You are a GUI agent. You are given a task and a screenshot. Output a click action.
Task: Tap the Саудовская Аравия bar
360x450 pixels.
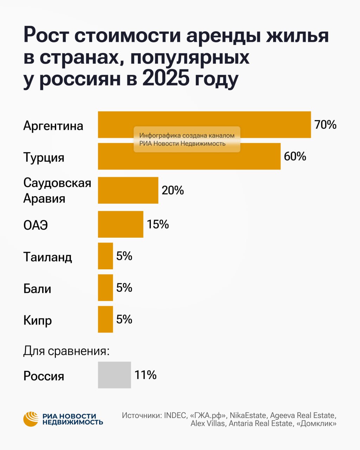coord(128,190)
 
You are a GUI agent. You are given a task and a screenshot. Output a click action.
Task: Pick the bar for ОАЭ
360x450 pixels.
coord(121,224)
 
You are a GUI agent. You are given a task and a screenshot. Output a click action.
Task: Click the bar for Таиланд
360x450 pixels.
coord(105,256)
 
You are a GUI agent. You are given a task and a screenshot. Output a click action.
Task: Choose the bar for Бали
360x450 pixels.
coord(105,288)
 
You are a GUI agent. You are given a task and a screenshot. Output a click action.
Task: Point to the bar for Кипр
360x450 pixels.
coord(105,319)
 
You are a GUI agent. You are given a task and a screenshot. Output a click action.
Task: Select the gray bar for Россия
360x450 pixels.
coord(114,375)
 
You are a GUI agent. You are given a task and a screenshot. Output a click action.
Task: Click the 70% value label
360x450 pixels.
coord(325,125)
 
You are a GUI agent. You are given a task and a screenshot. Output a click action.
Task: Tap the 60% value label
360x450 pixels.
coord(295,156)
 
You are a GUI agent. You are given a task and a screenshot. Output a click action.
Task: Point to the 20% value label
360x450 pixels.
coord(173,190)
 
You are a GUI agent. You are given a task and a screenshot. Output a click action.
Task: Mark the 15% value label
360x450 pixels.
coord(158,224)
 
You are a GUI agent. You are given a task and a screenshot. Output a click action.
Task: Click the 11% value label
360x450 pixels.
coord(146,375)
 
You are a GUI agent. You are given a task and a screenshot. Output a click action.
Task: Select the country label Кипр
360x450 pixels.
coord(38,321)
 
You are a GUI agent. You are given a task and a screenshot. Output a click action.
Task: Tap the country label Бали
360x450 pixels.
coord(37,289)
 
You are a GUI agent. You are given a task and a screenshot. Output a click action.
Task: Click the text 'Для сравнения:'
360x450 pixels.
coord(66,351)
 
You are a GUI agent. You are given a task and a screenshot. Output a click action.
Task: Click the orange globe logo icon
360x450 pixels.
coord(31,419)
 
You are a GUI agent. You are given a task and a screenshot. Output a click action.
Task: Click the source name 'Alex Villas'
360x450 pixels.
coord(207,424)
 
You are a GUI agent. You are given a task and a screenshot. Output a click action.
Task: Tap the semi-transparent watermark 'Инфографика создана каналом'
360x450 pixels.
coord(187,136)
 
